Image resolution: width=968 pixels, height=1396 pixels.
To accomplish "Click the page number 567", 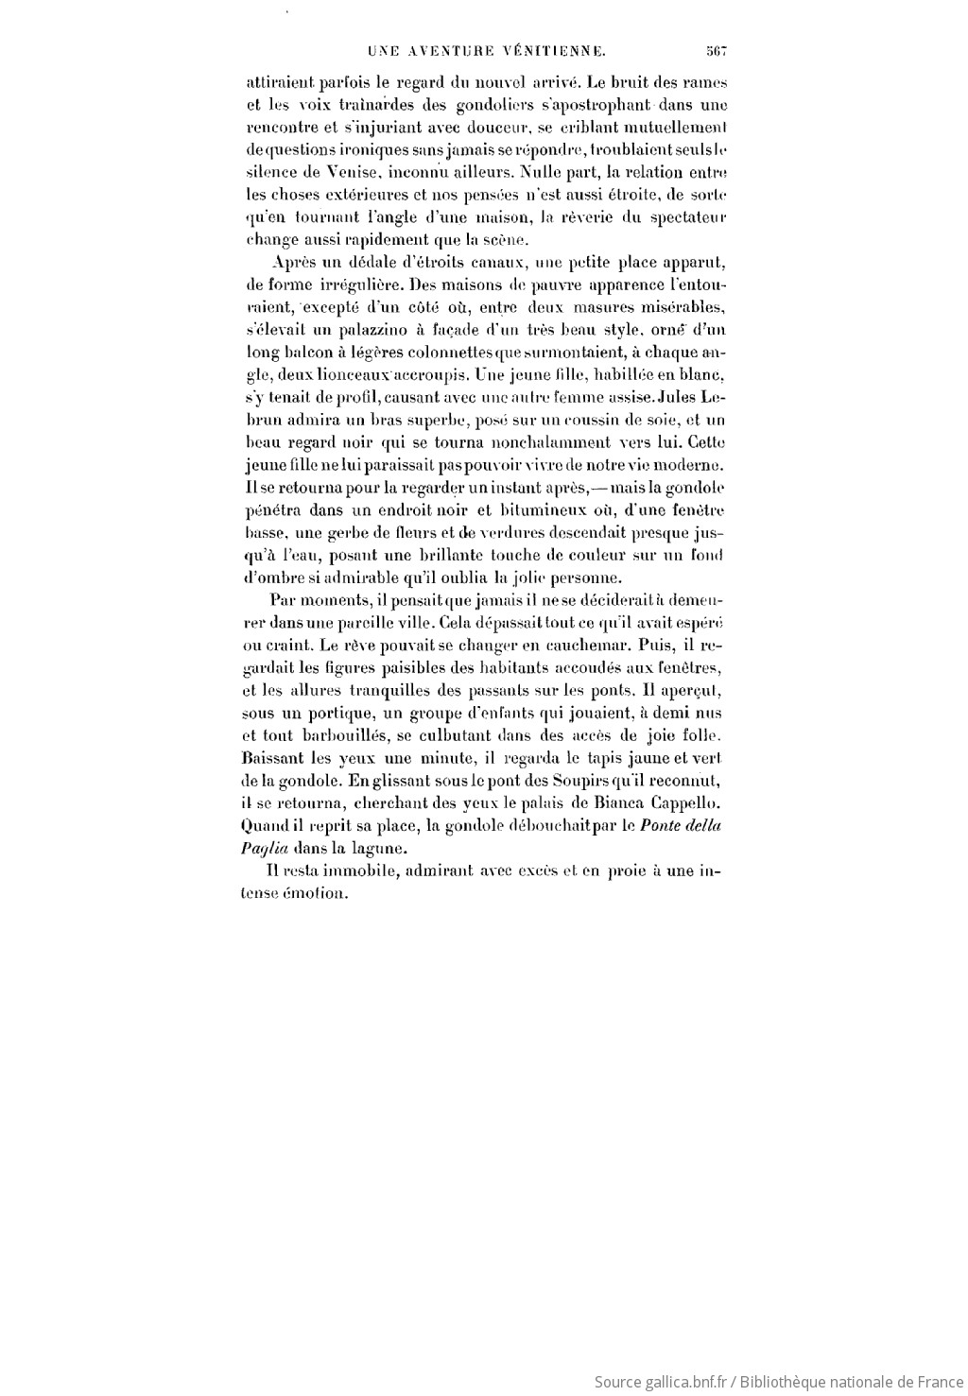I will coord(714,52).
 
